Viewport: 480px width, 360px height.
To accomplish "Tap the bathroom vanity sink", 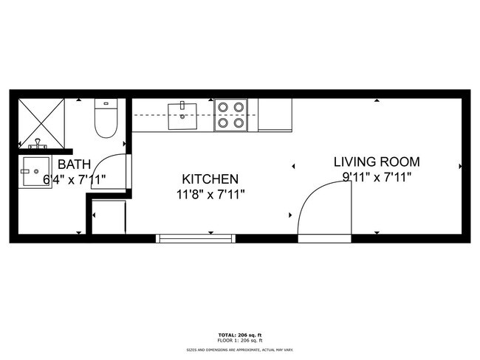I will click(x=35, y=171).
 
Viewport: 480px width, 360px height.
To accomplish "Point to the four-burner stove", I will click(x=230, y=115).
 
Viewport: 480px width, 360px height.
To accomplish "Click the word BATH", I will click(x=75, y=164).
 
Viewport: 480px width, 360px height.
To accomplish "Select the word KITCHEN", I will click(x=210, y=179).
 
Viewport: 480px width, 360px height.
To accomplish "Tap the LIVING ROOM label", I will click(x=377, y=162).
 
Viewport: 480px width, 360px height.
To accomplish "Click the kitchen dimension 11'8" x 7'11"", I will click(x=210, y=195).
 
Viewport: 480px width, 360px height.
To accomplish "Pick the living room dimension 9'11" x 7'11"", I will click(x=377, y=177).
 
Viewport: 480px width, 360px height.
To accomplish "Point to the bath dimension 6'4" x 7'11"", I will click(x=75, y=179).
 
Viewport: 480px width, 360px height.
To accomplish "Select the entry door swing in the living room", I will click(x=321, y=207).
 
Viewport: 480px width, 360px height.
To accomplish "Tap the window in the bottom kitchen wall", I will click(x=196, y=238).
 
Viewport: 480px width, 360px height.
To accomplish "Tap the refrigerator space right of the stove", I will click(x=275, y=115).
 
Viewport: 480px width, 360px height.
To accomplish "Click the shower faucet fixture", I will click(x=35, y=141).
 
